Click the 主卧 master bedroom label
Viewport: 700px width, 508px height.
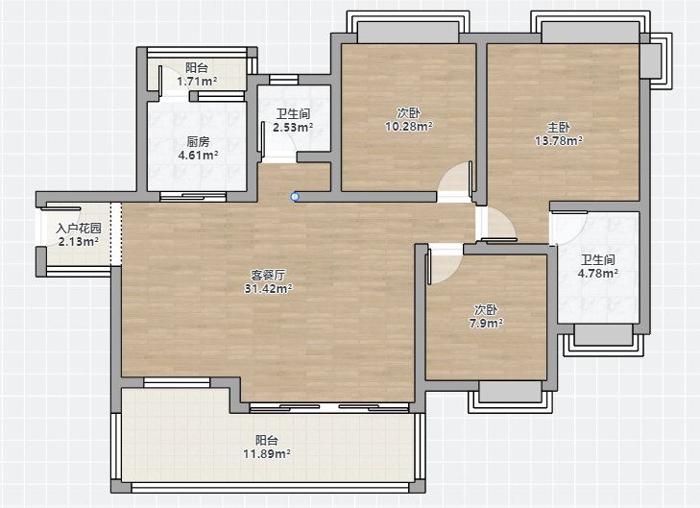pyautogui.click(x=559, y=128)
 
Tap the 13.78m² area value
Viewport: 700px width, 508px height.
pyautogui.click(x=559, y=141)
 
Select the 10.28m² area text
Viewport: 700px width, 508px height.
pyautogui.click(x=408, y=127)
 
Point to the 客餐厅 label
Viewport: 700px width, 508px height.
pyautogui.click(x=268, y=275)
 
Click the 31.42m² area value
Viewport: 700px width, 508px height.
pyautogui.click(x=268, y=289)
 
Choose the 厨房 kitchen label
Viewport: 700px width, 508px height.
pyautogui.click(x=198, y=142)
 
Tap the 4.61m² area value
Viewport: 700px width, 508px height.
pyautogui.click(x=198, y=156)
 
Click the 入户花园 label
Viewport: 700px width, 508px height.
pyautogui.click(x=79, y=229)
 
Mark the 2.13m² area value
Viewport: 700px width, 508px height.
pyautogui.click(x=79, y=242)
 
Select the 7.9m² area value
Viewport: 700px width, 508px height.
pyautogui.click(x=486, y=324)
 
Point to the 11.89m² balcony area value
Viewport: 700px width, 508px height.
pyautogui.click(x=267, y=454)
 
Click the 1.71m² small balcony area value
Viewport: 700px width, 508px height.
pyautogui.click(x=197, y=82)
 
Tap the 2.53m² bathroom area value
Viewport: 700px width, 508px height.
pyautogui.click(x=293, y=128)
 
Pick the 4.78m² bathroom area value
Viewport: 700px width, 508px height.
pyautogui.click(x=598, y=273)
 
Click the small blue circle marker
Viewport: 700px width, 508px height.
pyautogui.click(x=295, y=197)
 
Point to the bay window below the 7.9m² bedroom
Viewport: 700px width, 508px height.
pyautogui.click(x=510, y=397)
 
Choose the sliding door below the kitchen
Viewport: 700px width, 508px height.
pyautogui.click(x=193, y=196)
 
